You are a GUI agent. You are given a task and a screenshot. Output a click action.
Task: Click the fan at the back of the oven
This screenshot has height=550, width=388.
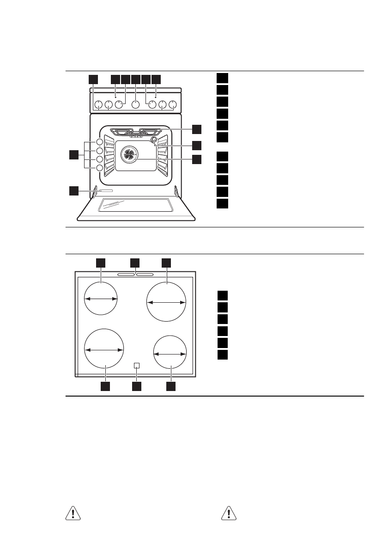(129, 155)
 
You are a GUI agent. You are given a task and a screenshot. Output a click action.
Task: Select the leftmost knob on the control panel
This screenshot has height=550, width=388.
(98, 105)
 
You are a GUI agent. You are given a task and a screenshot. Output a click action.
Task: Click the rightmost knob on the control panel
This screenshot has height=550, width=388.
(173, 105)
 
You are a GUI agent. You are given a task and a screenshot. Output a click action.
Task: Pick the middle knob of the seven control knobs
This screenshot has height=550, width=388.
(135, 105)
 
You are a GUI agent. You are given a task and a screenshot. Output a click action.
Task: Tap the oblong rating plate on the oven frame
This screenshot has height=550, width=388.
(106, 190)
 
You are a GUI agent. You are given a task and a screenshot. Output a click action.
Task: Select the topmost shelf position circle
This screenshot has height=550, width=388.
(100, 142)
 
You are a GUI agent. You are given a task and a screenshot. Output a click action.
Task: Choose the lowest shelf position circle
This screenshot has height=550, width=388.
(100, 168)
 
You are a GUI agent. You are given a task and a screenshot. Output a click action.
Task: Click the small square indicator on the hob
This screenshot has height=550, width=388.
(136, 365)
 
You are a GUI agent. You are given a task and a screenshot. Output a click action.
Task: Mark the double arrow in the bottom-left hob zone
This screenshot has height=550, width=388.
(104, 350)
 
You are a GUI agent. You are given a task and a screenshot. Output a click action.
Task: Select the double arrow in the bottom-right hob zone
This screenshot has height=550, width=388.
(170, 354)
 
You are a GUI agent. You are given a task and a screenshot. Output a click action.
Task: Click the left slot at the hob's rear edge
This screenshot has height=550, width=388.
(126, 275)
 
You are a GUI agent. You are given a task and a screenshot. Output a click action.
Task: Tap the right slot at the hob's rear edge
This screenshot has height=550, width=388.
(145, 275)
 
